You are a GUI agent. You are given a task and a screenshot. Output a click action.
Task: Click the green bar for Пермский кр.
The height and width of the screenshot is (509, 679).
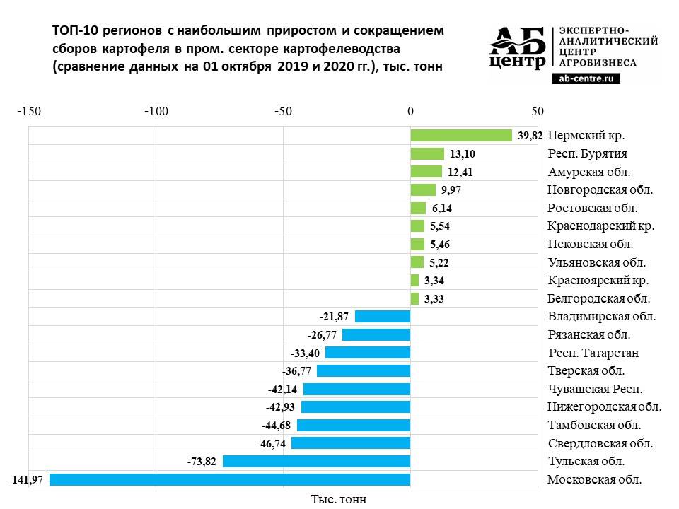[x=460, y=136]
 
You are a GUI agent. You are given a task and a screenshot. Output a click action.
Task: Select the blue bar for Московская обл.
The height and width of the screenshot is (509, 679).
[x=230, y=479]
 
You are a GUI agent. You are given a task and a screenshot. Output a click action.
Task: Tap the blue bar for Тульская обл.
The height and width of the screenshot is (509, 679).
[x=316, y=461]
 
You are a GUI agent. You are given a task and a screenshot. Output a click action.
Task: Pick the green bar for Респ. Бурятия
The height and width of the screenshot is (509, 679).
[x=427, y=154]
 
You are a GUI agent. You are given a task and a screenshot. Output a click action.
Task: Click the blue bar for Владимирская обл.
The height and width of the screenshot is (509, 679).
[x=383, y=317]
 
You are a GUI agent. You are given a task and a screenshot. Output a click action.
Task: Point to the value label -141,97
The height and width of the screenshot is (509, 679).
[x=26, y=479]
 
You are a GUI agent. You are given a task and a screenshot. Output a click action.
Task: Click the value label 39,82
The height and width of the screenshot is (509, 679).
[x=530, y=136]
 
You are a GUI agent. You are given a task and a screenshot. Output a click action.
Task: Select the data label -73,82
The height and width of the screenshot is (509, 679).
[x=202, y=461]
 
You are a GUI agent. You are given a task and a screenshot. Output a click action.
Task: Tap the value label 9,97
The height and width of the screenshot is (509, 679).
[x=451, y=190]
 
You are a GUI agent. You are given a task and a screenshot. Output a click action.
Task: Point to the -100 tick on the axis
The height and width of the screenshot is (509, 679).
[x=155, y=111]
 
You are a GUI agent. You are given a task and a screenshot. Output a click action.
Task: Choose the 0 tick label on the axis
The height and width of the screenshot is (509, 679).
[x=410, y=111]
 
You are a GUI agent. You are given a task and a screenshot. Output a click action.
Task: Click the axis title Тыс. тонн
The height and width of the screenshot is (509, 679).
[x=339, y=499]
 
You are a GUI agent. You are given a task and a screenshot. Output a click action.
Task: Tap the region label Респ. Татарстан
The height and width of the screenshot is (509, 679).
[x=594, y=353]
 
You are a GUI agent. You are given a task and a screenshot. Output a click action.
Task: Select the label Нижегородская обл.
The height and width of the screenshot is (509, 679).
[x=604, y=406]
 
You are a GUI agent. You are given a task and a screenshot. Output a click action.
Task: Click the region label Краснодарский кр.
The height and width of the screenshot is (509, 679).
[x=600, y=226]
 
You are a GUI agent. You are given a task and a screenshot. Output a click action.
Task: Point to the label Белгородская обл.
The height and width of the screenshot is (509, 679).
[x=598, y=298]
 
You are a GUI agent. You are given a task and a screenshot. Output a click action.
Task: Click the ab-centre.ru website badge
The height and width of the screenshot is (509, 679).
[x=585, y=78]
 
